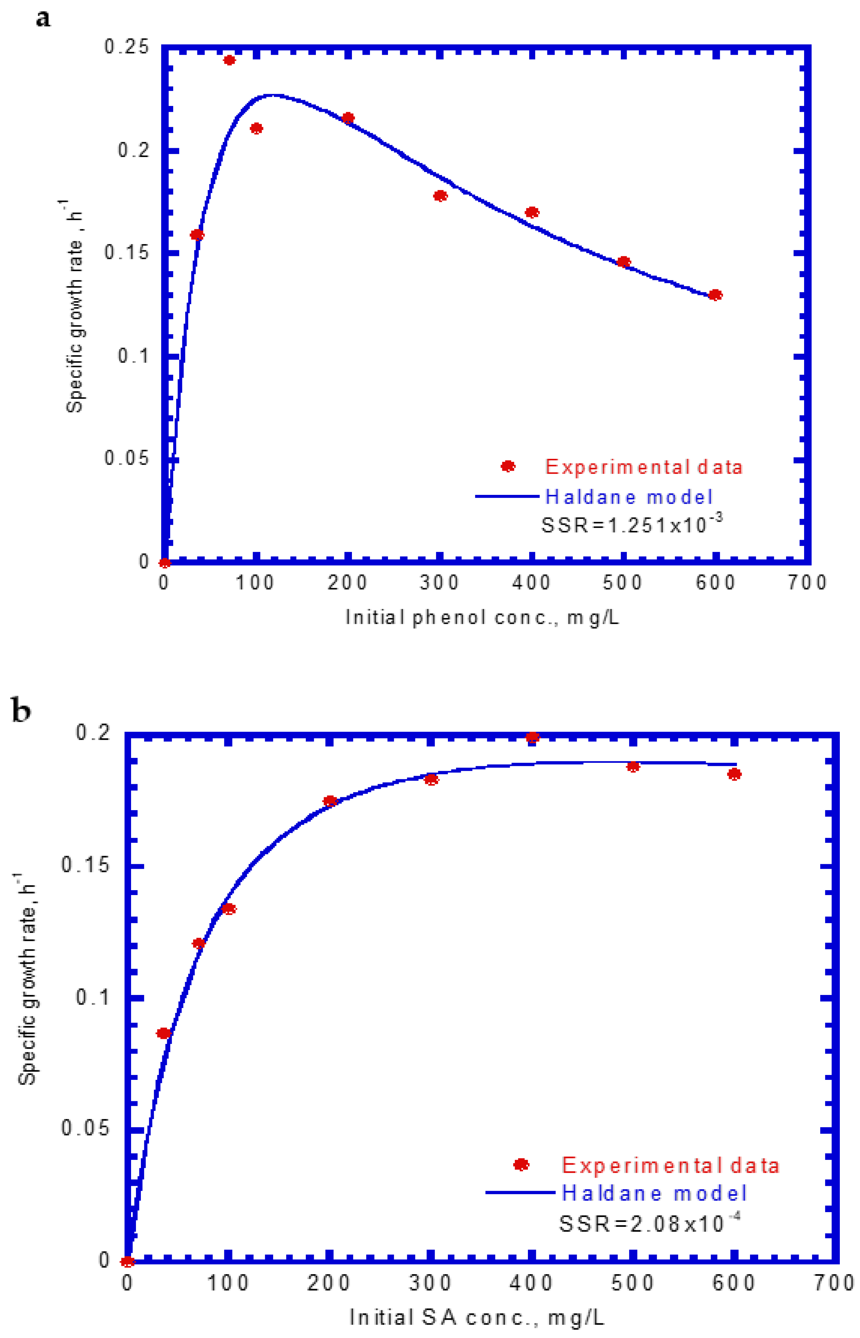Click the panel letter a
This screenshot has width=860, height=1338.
tap(43, 18)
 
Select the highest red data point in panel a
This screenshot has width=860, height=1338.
tap(229, 60)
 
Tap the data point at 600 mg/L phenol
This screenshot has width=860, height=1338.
tap(715, 295)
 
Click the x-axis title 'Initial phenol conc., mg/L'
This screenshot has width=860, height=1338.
tap(482, 618)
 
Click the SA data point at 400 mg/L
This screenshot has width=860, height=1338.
tap(532, 738)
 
